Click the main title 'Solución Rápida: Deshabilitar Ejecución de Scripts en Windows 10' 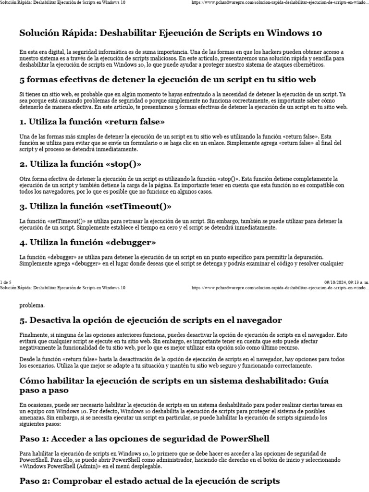tap(171, 33)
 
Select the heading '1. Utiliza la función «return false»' tap(92, 121)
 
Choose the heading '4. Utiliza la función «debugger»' tap(88, 242)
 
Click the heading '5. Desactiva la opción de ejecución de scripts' tap(150, 320)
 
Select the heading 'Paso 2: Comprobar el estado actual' tap(149, 480)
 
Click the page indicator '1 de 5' tap(6, 282)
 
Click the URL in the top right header tap(280, 3)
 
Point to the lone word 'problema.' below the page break tap(32, 305)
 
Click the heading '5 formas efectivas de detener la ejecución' tap(167, 79)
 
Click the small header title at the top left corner tap(63, 3)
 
